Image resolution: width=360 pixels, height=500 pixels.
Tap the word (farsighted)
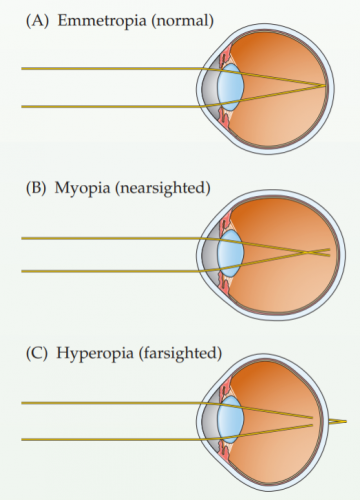[185, 351]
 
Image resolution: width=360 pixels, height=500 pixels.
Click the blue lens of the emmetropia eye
[231, 88]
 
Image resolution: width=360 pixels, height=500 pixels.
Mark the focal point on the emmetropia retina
[323, 86]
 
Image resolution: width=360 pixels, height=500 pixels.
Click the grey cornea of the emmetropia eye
[213, 88]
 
